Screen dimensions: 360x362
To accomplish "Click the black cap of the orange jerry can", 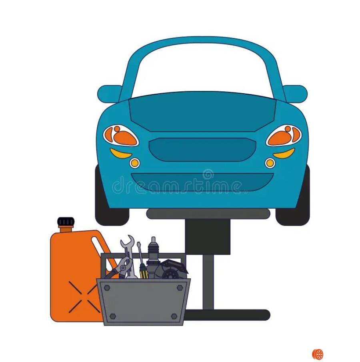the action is point(66,221).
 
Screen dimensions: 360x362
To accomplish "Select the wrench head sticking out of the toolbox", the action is point(127,241).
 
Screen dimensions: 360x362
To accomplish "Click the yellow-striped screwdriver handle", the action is point(144,271).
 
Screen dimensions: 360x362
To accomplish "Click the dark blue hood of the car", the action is point(202,111).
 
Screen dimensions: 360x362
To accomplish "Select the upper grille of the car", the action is point(202,149).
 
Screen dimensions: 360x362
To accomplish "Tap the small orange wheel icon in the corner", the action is point(318,354).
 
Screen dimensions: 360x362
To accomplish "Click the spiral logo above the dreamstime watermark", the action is point(208,175).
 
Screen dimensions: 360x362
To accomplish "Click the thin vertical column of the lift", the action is point(208,282).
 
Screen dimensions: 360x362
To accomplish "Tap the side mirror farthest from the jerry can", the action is point(295,94).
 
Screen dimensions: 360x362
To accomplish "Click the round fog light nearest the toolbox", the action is point(134,163).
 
